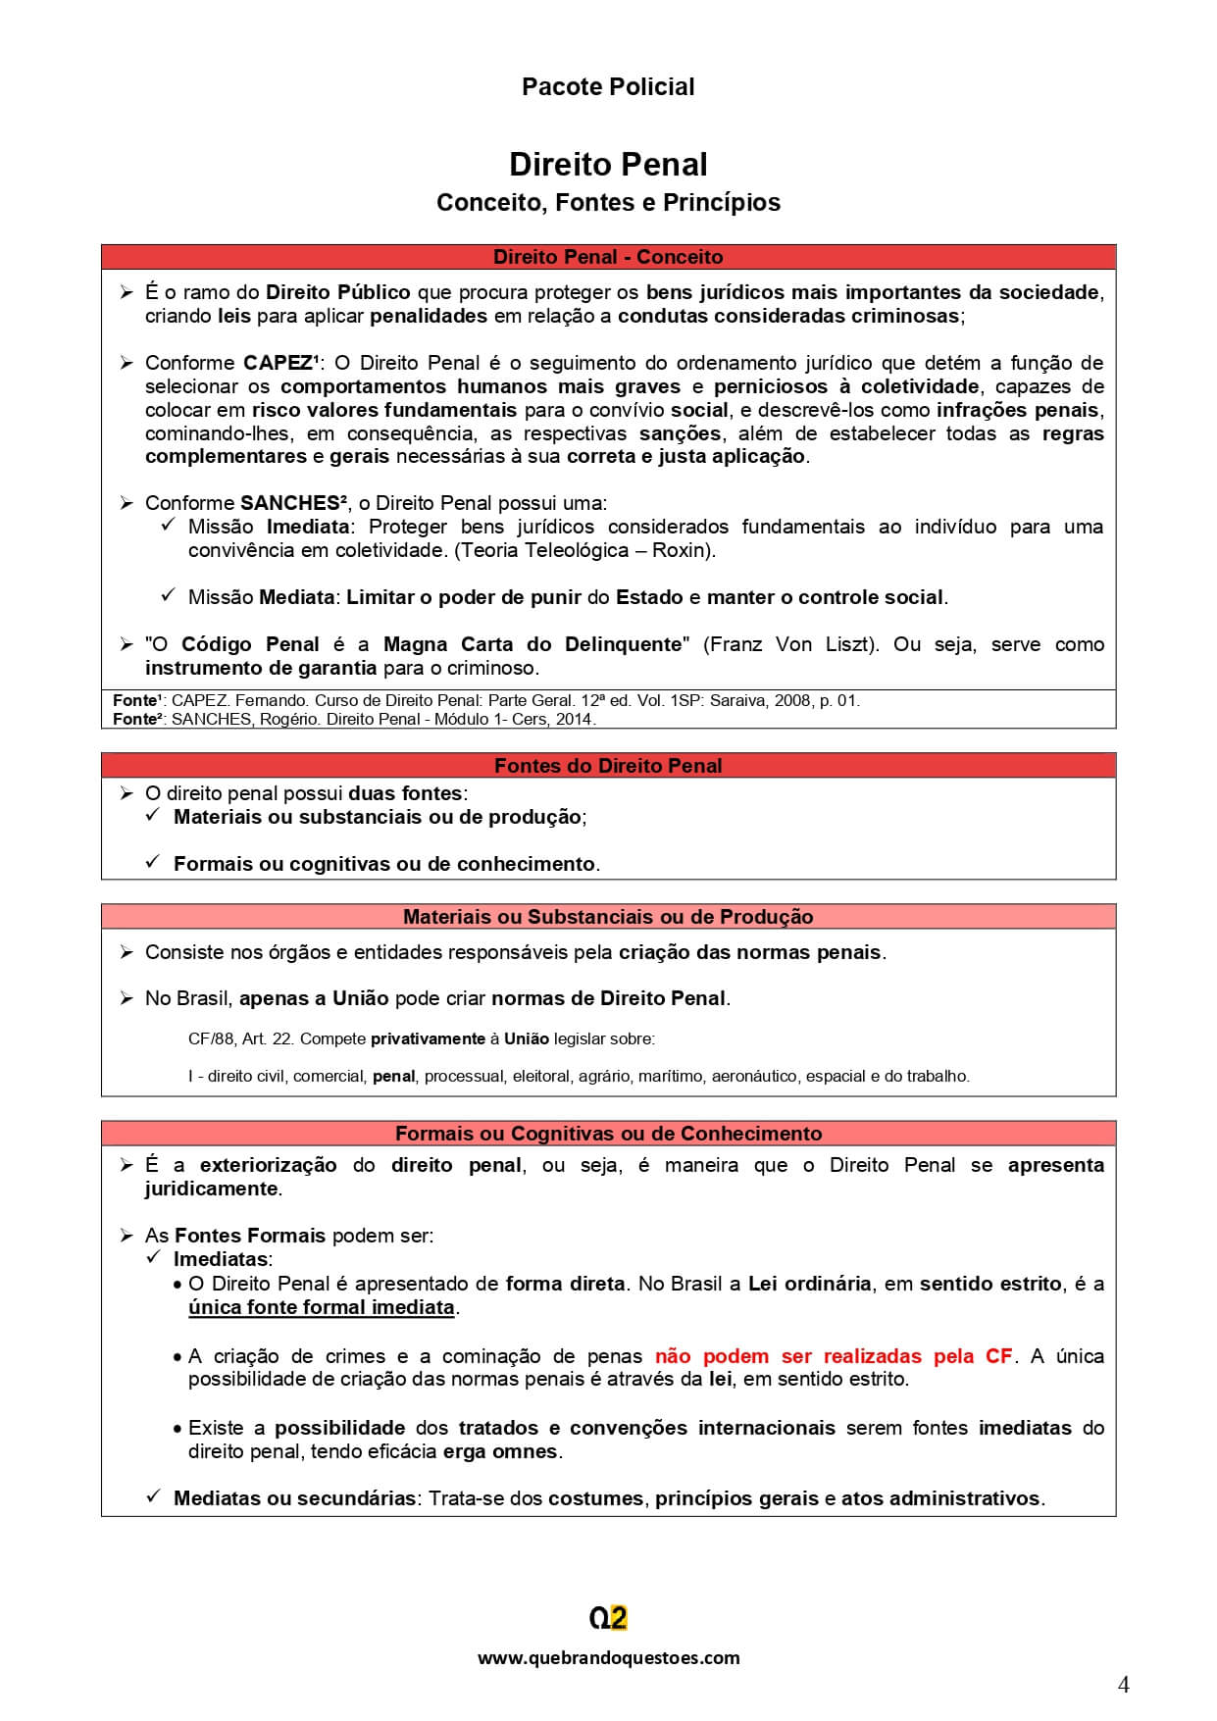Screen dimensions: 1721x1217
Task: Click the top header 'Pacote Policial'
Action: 607,86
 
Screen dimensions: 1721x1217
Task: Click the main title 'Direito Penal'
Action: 607,164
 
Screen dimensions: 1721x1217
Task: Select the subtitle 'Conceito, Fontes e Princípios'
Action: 607,202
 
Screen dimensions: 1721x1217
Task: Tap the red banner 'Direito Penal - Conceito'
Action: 607,257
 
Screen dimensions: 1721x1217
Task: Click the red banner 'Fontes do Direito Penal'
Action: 607,766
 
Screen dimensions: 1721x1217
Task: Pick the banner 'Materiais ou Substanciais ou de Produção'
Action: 607,917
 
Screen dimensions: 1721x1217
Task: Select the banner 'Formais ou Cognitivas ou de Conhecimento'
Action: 607,1134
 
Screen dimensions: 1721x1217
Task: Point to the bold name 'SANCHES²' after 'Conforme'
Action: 293,503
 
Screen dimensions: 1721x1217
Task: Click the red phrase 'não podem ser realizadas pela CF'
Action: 833,1356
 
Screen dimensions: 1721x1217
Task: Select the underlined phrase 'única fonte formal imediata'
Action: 321,1307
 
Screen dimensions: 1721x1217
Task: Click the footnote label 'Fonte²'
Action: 136,719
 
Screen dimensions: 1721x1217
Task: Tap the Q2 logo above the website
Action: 607,1618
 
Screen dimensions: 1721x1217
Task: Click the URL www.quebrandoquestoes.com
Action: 607,1658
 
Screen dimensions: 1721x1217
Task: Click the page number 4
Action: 1123,1685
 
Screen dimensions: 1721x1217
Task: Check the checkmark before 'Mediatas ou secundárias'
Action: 153,1496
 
